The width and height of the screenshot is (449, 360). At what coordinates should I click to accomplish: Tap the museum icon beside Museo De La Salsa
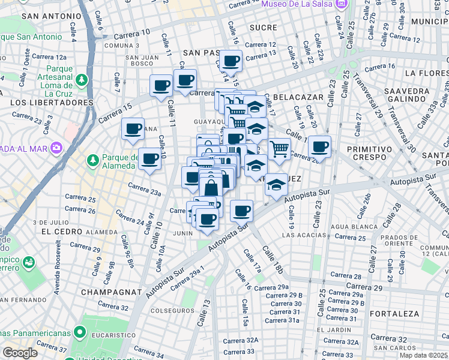point(341,5)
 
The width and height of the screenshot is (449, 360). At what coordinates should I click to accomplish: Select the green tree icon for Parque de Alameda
point(92,160)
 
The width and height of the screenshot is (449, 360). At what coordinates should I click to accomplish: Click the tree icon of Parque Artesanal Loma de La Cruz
point(80,80)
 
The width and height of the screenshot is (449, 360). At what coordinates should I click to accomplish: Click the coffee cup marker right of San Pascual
point(231,60)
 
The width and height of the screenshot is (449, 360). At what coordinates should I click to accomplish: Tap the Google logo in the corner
point(20,352)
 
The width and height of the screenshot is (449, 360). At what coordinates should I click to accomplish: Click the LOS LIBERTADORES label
point(52,103)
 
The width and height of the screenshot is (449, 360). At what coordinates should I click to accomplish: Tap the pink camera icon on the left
point(56,147)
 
